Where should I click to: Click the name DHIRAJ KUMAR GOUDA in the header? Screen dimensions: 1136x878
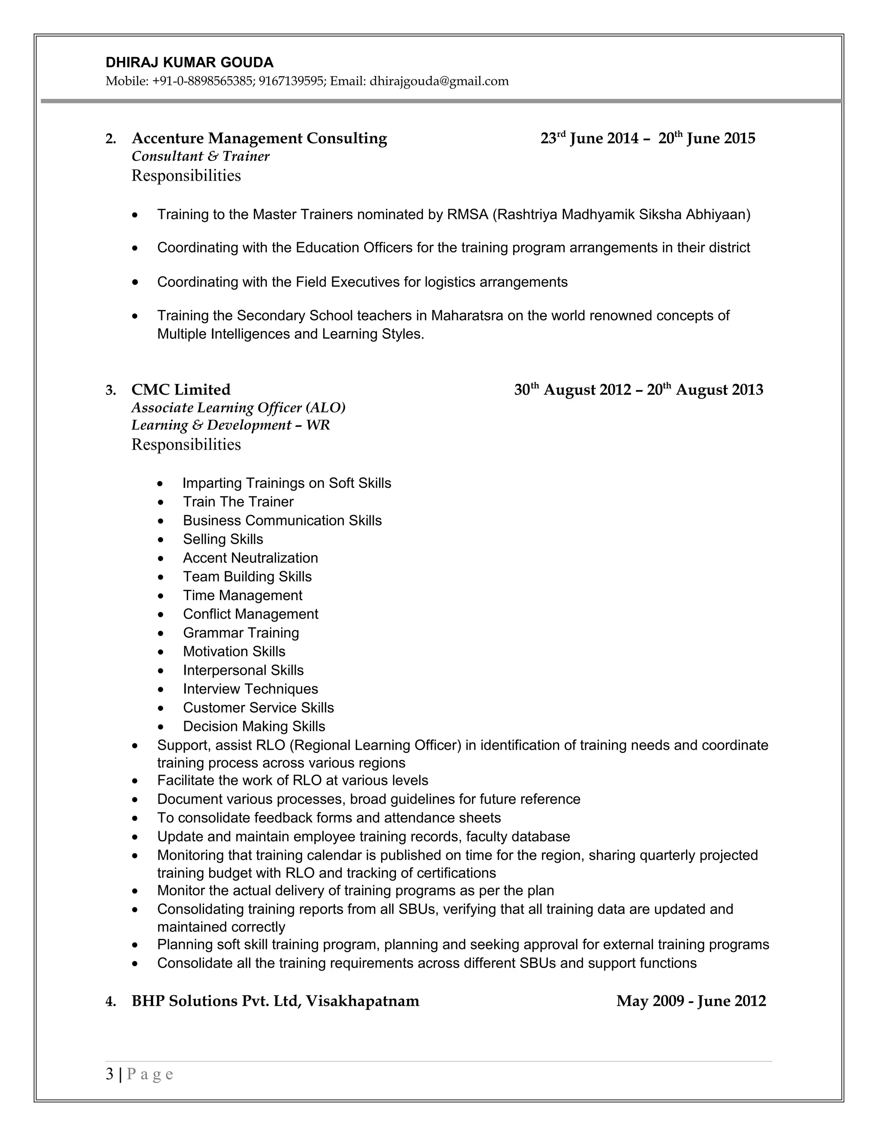click(189, 63)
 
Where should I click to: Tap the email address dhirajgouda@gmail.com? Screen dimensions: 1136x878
click(439, 81)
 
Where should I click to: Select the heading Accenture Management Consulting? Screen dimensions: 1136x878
click(259, 138)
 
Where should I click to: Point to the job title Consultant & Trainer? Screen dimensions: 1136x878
click(200, 156)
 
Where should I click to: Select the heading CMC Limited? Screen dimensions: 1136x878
click(180, 390)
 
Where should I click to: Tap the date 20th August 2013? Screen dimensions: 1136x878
click(705, 390)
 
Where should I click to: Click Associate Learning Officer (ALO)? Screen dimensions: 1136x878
click(238, 408)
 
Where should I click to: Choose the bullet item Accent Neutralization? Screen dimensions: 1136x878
click(250, 558)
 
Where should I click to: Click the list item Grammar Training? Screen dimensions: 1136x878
click(241, 633)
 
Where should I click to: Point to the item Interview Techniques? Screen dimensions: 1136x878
click(250, 689)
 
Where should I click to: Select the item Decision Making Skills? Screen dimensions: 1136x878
click(254, 727)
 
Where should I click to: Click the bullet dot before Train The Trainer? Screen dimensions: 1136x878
click(161, 503)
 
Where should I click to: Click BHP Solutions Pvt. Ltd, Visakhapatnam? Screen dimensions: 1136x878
click(275, 1001)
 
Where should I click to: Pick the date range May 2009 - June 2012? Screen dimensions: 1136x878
click(691, 1001)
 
